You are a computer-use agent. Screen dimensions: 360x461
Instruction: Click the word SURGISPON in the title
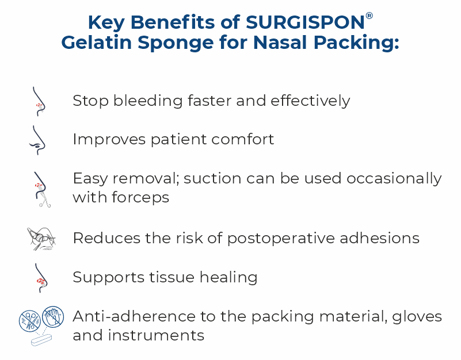click(x=304, y=22)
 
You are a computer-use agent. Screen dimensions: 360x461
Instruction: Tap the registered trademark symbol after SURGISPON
click(x=369, y=16)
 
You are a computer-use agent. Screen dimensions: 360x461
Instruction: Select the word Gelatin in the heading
click(x=102, y=44)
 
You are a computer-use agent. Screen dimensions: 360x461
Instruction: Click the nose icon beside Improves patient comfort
click(x=37, y=140)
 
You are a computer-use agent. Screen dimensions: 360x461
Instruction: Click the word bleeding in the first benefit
click(x=142, y=101)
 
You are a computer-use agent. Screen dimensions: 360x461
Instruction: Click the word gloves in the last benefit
click(x=414, y=317)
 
